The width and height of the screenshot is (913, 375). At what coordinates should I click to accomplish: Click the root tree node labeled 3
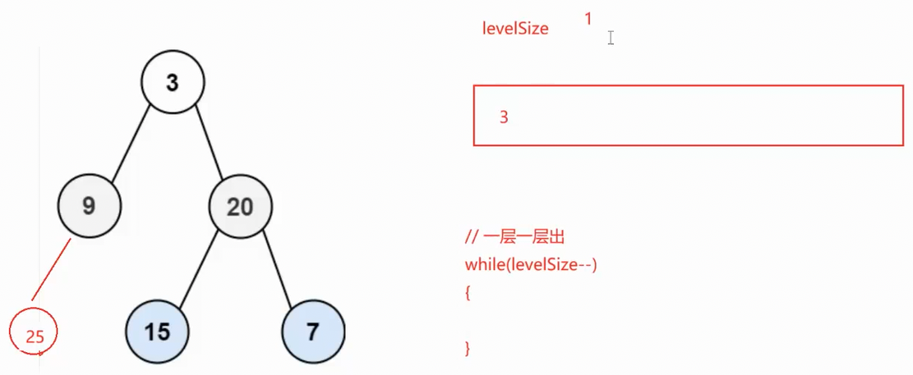point(172,82)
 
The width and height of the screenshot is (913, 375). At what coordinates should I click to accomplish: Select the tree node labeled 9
point(90,205)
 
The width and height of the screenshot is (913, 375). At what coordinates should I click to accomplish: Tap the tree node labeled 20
point(240,206)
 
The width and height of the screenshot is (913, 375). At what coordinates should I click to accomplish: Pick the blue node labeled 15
point(157,332)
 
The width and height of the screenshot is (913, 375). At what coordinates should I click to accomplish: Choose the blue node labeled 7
point(312,332)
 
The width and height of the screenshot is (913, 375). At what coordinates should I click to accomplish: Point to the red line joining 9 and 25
point(51,270)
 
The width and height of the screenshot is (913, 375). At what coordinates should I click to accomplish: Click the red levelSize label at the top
point(515,29)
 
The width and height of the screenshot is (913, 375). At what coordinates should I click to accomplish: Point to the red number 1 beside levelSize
point(588,18)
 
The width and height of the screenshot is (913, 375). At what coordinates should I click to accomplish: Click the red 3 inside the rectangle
point(504,117)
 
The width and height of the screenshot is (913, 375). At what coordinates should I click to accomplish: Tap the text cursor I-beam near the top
point(611,38)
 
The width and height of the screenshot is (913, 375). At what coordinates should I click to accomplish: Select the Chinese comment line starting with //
point(515,238)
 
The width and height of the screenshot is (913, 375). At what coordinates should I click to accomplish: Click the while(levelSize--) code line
point(530,265)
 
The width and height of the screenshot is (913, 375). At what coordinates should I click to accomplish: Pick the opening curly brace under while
point(468,292)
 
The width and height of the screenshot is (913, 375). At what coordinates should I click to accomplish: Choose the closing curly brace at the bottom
point(468,348)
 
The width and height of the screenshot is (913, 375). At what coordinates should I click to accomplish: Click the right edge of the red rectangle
point(902,116)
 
